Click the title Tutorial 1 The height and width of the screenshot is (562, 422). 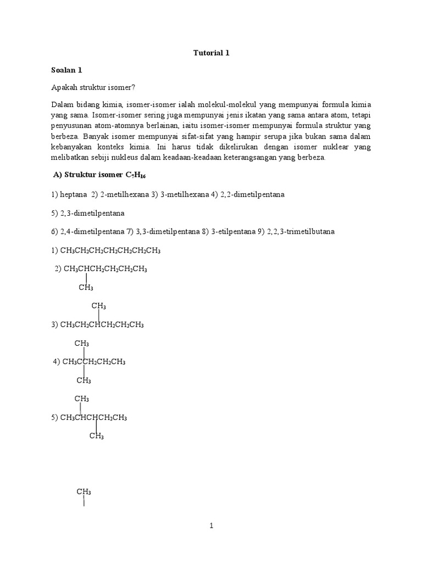coord(210,53)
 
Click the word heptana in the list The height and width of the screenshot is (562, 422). coord(73,195)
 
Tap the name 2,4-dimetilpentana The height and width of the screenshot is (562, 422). coord(92,232)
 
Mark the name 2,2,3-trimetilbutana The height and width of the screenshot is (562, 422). coord(302,232)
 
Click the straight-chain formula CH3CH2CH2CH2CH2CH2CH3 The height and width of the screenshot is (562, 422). coord(110,250)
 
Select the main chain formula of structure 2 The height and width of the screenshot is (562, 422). coord(105,269)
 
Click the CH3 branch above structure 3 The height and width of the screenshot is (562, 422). coord(99,306)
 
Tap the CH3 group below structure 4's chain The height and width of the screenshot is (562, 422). coord(84,380)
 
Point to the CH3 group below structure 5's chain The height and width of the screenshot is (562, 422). coord(97,436)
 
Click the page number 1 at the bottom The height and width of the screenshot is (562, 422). coord(211,526)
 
